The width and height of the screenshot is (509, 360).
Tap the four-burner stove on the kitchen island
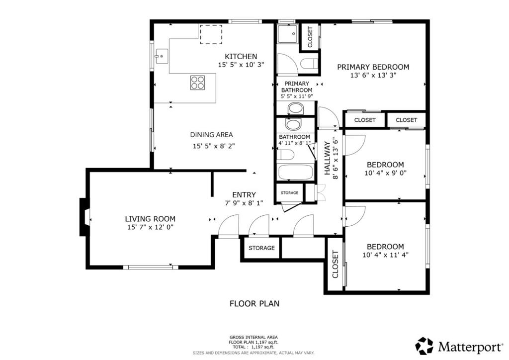point(197,83)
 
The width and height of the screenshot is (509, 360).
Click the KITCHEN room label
point(241,56)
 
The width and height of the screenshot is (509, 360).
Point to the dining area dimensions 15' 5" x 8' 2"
point(213,146)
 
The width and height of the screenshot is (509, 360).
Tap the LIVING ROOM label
point(150,219)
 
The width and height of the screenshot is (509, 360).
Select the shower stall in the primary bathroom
point(288,35)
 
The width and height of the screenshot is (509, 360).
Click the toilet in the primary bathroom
point(309,64)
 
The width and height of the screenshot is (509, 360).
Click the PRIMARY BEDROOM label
point(373,67)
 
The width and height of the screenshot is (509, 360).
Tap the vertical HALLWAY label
point(327,158)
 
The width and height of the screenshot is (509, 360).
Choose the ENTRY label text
point(244,195)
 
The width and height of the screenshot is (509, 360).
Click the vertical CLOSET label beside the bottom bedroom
point(335,265)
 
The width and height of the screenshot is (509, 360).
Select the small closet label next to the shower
point(310,37)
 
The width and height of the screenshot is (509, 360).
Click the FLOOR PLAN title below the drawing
point(254,303)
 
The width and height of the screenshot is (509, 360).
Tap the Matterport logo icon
point(424,345)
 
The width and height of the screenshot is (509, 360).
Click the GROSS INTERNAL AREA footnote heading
point(254,337)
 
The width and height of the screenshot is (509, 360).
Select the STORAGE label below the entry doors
point(261,248)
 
